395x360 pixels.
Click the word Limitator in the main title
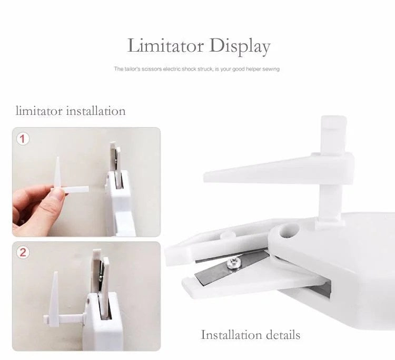click(x=165, y=46)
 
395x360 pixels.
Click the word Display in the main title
click(x=240, y=47)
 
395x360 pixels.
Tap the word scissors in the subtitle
click(x=151, y=69)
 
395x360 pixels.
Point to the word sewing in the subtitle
click(x=271, y=69)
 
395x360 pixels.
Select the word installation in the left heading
click(x=96, y=111)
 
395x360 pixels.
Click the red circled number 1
click(x=23, y=139)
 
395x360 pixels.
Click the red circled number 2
click(x=23, y=252)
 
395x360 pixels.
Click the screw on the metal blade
click(x=232, y=263)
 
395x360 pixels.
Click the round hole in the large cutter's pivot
click(x=289, y=231)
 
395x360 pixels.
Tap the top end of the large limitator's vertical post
click(x=333, y=116)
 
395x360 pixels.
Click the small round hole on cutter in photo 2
click(x=88, y=301)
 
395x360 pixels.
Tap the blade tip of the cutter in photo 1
click(x=113, y=144)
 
